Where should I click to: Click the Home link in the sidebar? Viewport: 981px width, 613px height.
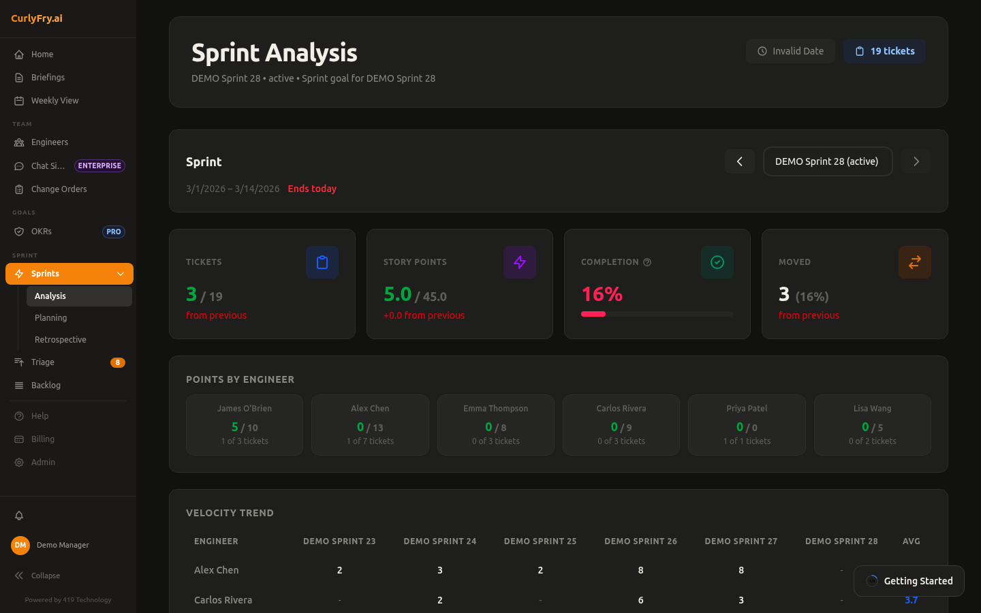[42, 54]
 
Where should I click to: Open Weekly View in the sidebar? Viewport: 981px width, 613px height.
[54, 101]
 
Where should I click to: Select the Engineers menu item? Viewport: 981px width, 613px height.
[49, 142]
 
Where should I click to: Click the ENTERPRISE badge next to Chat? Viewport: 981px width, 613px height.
[99, 166]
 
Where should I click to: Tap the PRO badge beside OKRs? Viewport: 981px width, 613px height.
[113, 232]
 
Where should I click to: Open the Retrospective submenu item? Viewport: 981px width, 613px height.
[61, 340]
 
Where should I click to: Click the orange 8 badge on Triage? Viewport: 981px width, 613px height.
[117, 362]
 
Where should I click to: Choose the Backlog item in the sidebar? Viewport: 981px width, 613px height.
[46, 386]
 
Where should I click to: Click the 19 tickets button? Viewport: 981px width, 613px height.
[884, 51]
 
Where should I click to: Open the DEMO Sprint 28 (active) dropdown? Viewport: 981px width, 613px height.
[827, 161]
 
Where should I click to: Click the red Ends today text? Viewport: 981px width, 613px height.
[312, 189]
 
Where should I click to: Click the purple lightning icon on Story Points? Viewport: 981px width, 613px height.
[520, 262]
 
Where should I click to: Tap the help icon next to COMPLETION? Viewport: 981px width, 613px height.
[647, 262]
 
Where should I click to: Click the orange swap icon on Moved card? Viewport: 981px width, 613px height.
[914, 262]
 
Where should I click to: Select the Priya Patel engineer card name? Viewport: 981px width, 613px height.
[747, 409]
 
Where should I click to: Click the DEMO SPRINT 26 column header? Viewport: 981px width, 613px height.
[640, 541]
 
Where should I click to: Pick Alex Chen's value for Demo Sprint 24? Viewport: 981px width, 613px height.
[440, 570]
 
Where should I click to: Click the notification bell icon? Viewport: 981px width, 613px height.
[19, 516]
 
